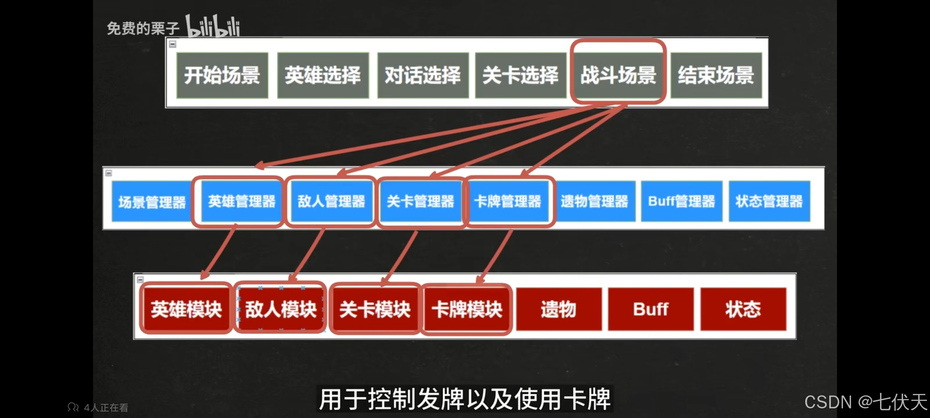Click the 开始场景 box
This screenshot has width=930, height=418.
[x=222, y=75]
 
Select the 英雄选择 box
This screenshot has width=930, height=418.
[x=323, y=75]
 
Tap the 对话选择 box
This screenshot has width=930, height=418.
[x=423, y=75]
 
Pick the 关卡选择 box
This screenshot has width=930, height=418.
[x=520, y=75]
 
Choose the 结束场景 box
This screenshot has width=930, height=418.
[x=716, y=75]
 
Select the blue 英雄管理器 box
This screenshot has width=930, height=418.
[x=242, y=201]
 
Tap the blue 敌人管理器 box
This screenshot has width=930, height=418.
[x=331, y=201]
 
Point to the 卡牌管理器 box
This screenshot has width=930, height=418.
[x=508, y=201]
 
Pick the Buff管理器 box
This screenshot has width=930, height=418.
[x=682, y=201]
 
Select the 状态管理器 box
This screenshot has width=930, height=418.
[x=769, y=201]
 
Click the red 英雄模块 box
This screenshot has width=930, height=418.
[x=186, y=309]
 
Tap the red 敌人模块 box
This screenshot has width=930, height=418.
[x=281, y=309]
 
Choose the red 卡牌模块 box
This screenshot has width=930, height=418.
[x=467, y=309]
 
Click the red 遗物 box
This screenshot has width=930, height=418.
[x=559, y=309]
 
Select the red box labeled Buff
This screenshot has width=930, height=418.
[x=651, y=309]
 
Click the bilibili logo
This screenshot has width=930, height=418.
[x=213, y=26]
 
